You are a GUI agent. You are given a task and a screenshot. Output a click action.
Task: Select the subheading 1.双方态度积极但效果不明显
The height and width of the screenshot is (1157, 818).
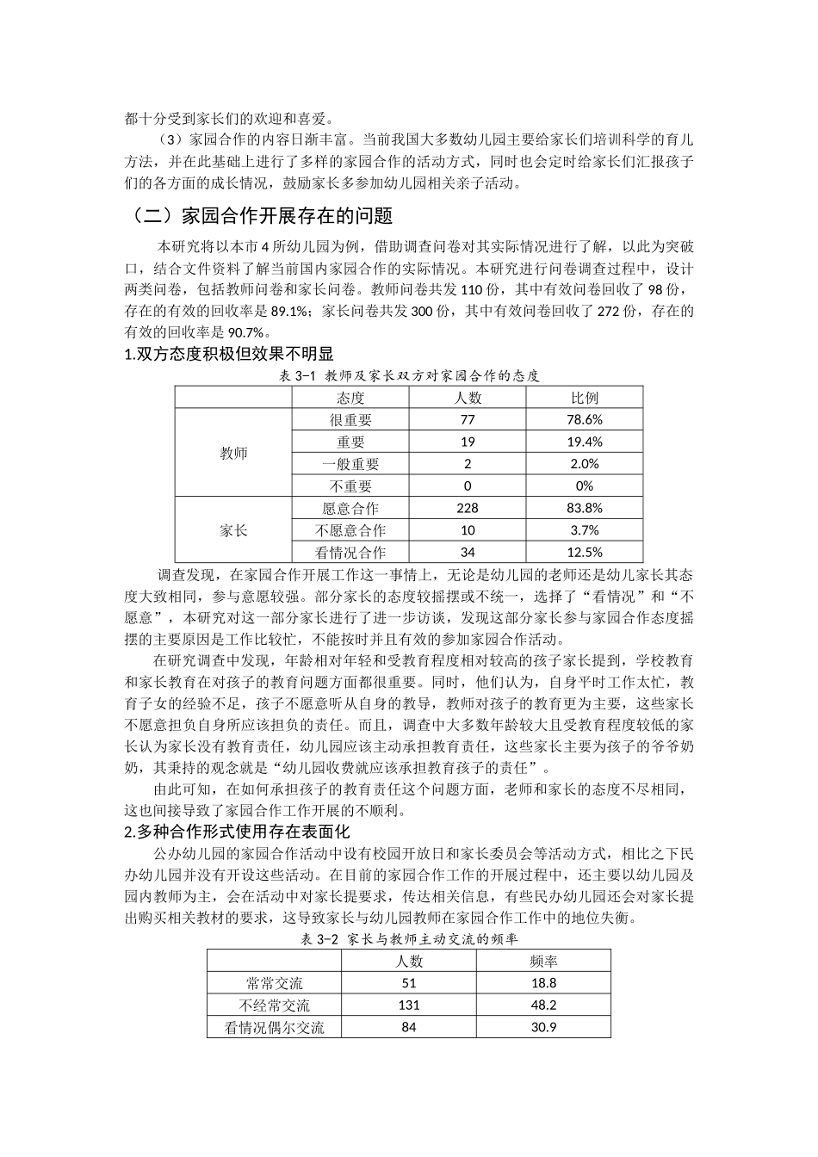click(229, 354)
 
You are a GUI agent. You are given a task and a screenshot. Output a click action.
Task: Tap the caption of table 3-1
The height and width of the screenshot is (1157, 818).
click(410, 375)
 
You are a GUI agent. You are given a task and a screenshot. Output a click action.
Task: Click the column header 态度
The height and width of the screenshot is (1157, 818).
click(350, 398)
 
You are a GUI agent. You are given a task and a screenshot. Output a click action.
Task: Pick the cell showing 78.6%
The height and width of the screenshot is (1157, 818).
click(585, 420)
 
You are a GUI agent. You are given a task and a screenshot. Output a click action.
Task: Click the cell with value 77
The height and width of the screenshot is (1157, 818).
click(468, 420)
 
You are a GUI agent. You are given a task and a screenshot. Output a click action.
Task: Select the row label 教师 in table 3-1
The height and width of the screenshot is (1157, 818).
click(233, 454)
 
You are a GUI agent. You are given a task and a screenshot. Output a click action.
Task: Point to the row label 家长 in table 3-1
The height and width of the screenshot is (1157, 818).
click(233, 530)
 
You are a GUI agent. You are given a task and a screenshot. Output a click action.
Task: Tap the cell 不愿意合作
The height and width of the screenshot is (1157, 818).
click(350, 530)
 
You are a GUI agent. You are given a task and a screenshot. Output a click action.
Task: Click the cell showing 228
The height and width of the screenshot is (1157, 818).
click(468, 508)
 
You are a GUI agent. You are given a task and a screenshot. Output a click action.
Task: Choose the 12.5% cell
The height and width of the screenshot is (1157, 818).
click(585, 553)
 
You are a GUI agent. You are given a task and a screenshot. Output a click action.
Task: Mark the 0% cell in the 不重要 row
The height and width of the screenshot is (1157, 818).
click(585, 486)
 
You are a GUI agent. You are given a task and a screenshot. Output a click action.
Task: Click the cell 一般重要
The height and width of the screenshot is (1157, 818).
click(350, 464)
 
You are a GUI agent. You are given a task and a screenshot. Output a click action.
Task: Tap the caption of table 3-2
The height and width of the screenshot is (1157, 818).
click(409, 939)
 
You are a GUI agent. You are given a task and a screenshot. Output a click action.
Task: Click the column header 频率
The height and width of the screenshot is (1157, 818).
click(543, 961)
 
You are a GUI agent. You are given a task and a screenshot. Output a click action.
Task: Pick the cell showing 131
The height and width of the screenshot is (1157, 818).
click(409, 1005)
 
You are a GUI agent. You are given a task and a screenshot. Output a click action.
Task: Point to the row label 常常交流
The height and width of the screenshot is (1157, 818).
click(275, 983)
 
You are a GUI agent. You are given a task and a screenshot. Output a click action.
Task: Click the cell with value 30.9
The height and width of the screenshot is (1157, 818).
click(543, 1027)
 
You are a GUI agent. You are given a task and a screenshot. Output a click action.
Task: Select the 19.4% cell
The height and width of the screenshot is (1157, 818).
click(585, 442)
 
